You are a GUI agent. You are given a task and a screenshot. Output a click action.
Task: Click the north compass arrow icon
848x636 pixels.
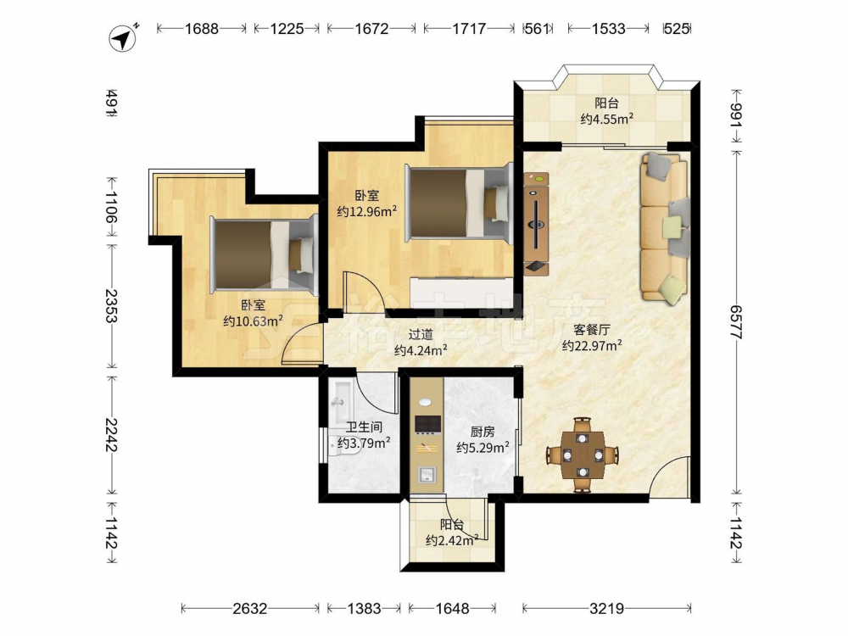[124, 38]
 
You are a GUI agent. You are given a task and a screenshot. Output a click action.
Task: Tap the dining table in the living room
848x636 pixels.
[583, 455]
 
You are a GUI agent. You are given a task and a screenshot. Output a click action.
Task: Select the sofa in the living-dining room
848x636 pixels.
[665, 227]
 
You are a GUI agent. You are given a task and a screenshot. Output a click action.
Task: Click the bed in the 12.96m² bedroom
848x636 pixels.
[459, 204]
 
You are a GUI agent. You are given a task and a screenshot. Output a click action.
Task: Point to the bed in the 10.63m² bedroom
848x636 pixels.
[264, 254]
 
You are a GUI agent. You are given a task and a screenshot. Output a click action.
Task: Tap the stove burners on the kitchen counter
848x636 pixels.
[427, 425]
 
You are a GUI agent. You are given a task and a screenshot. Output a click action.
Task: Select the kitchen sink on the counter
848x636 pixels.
[427, 474]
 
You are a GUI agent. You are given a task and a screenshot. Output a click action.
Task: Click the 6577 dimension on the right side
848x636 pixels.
[737, 322]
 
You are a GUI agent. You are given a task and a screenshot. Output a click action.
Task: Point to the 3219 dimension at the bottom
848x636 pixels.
[606, 609]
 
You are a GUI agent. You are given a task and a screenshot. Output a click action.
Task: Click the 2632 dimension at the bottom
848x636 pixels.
[250, 609]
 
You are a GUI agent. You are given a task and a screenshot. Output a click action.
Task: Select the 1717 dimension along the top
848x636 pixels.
[469, 28]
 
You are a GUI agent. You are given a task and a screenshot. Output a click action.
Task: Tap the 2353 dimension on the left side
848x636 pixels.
[111, 306]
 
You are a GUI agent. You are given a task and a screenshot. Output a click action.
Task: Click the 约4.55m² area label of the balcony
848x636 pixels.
[607, 119]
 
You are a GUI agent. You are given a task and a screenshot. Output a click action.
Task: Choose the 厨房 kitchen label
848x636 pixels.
[482, 432]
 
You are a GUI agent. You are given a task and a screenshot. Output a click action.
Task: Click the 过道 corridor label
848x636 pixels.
[421, 335]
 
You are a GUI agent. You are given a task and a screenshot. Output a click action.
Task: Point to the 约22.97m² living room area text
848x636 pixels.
[592, 345]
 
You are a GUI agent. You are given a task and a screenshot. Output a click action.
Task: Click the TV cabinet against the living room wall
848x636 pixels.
[536, 224]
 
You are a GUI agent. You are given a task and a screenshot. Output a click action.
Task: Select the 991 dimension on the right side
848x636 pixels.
[737, 115]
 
